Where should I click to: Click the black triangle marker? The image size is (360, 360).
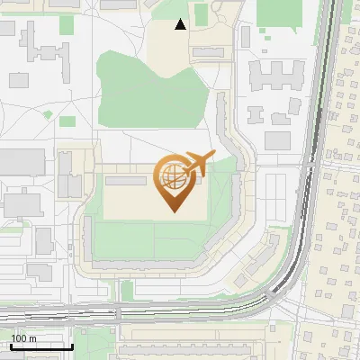pos(181,24)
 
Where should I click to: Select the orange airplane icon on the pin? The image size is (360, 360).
pos(198,164)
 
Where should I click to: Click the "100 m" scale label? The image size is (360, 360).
pos(22,338)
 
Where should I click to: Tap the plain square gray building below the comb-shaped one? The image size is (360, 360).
pos(278,140)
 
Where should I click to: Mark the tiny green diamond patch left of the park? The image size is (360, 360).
pos(49,115)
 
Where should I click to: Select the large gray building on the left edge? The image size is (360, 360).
pos(20,161)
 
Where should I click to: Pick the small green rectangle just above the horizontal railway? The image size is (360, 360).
pos(127,290)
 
